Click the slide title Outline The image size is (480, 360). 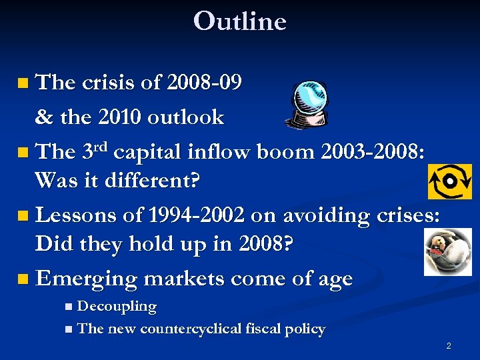tap(239, 21)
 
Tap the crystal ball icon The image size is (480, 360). tap(307, 103)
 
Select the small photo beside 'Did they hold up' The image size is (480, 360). tap(447, 251)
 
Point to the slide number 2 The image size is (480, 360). tap(449, 345)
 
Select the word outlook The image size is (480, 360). tap(187, 117)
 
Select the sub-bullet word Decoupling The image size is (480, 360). tap(117, 307)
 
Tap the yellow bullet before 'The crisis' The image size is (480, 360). tap(23, 84)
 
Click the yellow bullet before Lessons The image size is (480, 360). tap(23, 216)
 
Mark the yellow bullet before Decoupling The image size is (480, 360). tap(70, 308)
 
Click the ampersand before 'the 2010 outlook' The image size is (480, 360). tap(44, 117)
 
